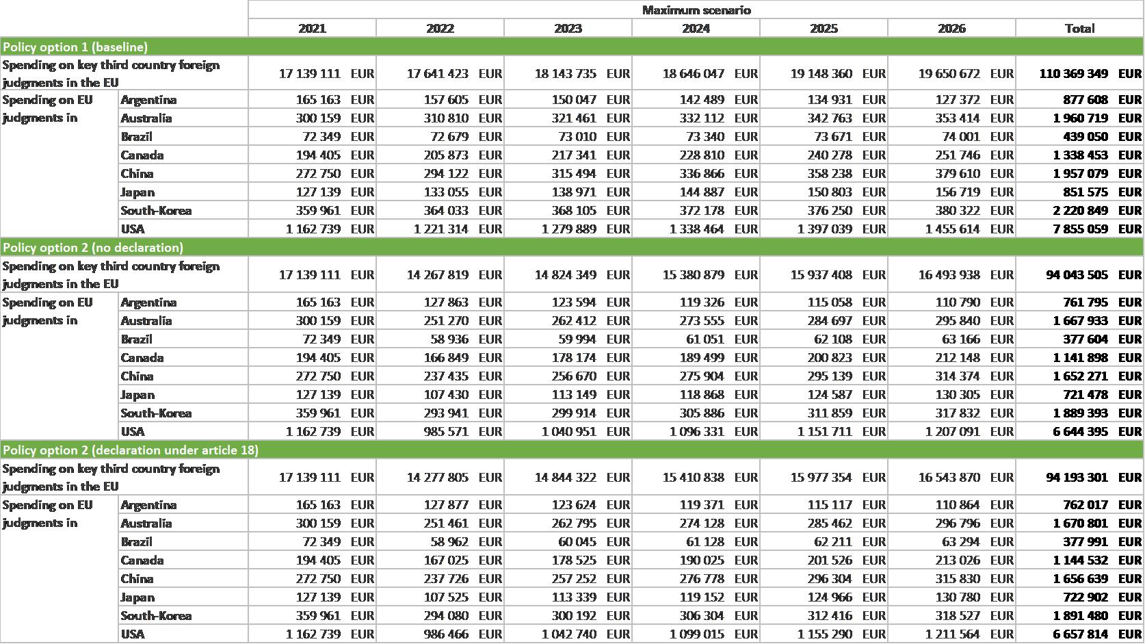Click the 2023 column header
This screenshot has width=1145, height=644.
point(568,29)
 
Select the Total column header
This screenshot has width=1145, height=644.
point(1079,29)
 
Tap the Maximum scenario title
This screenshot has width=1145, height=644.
point(696,10)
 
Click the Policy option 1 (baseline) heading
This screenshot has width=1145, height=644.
point(75,47)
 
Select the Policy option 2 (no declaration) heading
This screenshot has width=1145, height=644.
point(93,248)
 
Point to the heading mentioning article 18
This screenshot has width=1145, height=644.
point(131,450)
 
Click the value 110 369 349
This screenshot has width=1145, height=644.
point(1073,74)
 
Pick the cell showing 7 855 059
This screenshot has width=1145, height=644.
point(1080,229)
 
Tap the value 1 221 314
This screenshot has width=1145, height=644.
point(440,229)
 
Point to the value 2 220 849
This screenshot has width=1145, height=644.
point(1080,211)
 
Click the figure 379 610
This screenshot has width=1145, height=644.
point(958,174)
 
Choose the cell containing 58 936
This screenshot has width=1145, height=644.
point(449,339)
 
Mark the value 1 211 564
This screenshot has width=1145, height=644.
point(952,634)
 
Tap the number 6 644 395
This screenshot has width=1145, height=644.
point(1080,432)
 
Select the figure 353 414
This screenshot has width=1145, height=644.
point(958,118)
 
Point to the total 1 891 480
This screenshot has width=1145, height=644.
point(1080,616)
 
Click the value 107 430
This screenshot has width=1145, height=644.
point(446,395)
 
